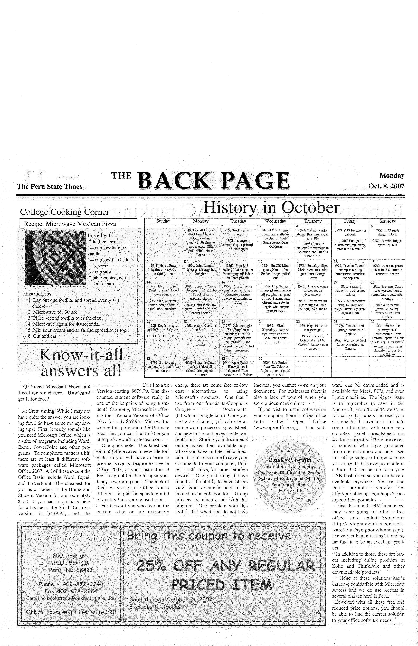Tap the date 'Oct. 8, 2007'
pos(386,186)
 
